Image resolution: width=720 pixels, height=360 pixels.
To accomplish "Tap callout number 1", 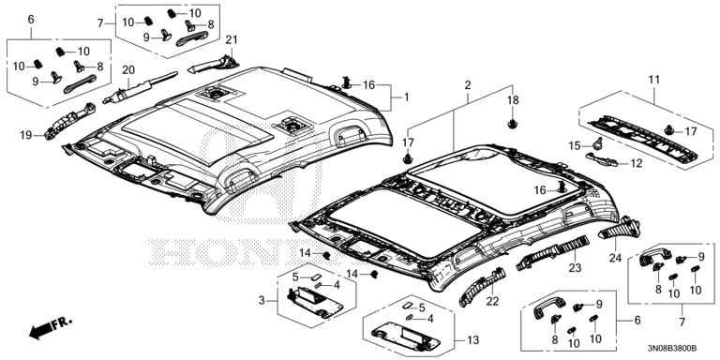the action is click(406, 97).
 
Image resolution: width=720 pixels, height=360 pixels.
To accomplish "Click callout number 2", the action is click(468, 85).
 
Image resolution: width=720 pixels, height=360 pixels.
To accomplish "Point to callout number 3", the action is click(262, 301).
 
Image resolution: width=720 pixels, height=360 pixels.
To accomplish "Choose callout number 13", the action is click(472, 340).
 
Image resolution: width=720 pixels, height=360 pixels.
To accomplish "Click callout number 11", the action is click(653, 80).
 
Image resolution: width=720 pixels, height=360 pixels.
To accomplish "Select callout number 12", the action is click(637, 163).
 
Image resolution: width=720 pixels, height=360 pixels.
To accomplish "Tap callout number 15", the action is click(575, 146).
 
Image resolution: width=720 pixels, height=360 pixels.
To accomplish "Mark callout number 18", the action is click(513, 100).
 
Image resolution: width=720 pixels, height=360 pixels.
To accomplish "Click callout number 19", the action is click(25, 135).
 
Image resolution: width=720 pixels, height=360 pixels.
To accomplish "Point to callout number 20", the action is click(128, 69).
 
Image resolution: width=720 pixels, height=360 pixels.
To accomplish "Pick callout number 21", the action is click(232, 40).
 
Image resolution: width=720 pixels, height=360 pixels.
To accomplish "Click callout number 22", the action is click(492, 302).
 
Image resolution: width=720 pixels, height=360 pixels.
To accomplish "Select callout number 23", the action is click(576, 267).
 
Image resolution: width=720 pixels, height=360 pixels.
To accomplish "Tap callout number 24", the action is click(615, 258).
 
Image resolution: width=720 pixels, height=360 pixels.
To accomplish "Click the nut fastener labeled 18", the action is click(512, 123).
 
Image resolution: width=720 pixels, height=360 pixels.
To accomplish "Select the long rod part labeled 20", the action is click(140, 87).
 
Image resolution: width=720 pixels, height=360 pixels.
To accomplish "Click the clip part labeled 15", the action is click(598, 143).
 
